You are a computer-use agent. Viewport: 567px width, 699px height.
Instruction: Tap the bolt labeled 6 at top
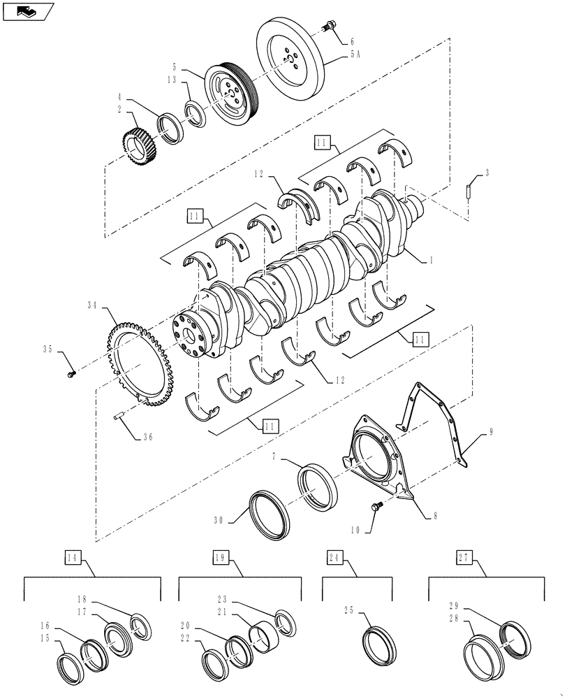[x=328, y=28]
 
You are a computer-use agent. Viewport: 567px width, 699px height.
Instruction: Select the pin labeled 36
[x=118, y=419]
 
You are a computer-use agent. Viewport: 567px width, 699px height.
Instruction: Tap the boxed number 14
[x=73, y=557]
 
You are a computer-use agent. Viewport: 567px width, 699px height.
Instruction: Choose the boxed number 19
[x=221, y=557]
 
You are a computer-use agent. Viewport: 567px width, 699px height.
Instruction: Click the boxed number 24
[x=334, y=557]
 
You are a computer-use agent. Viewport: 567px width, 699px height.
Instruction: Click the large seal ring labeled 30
[x=267, y=516]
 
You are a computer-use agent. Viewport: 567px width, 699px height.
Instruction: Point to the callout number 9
[x=491, y=433]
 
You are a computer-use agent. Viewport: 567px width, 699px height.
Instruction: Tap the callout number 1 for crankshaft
[x=432, y=259]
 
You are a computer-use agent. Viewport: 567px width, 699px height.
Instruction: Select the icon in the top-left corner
[x=28, y=11]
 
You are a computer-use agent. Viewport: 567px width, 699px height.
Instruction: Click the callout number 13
[x=172, y=81]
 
